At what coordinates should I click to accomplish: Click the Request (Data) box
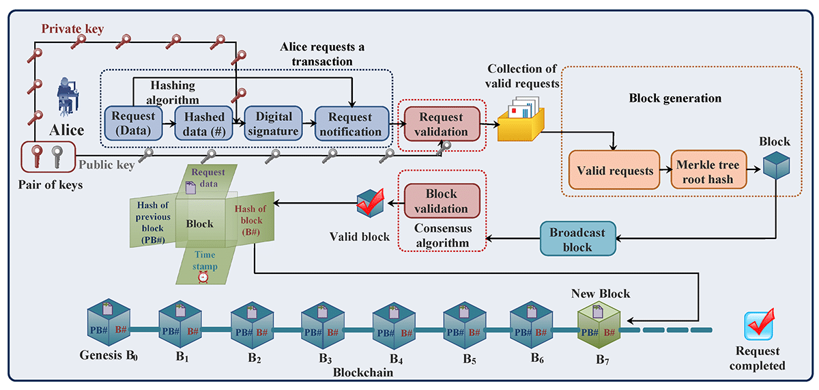pos(133,124)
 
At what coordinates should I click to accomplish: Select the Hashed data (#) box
pos(203,124)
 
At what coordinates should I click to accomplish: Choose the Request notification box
pos(351,124)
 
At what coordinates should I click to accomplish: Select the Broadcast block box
pos(577,239)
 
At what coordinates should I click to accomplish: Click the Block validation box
pos(442,201)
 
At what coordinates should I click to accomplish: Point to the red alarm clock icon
pos(203,277)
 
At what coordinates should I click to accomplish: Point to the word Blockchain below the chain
pos(363,373)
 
